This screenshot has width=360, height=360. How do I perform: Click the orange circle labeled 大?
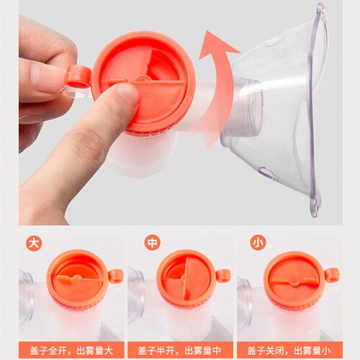coord(34,243)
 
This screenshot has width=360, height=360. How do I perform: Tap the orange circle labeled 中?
coord(153,243)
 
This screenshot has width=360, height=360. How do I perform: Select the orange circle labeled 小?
coord(258,243)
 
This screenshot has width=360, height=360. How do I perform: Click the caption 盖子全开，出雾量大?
coord(71,351)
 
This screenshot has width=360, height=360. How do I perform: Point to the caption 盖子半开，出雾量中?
coord(179,351)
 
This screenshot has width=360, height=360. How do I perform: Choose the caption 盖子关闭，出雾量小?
coord(289,351)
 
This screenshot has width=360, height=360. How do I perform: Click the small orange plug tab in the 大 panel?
coord(116,276)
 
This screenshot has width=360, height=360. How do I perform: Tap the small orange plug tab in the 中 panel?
coord(223,276)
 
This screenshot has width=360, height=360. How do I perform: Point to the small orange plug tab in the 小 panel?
coord(332,275)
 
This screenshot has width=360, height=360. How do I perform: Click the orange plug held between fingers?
coord(78,77)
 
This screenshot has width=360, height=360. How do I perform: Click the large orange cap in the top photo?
coord(143,81)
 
